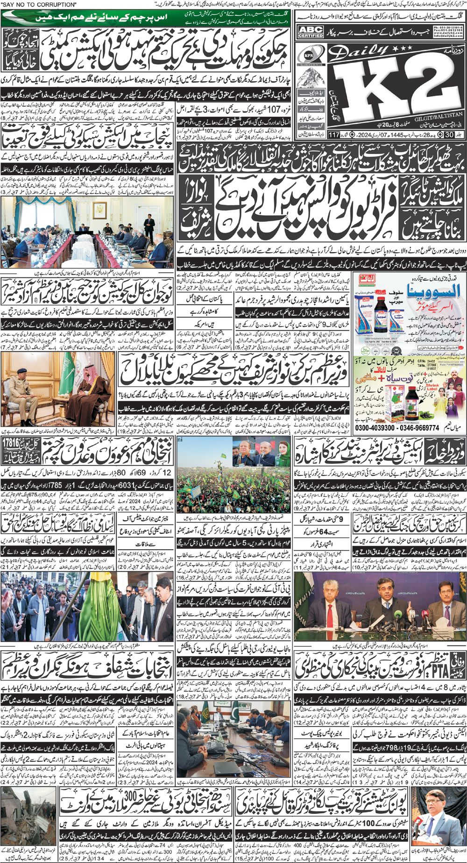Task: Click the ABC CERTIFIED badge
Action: (x=311, y=32)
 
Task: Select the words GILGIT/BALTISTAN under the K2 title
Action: (x=437, y=114)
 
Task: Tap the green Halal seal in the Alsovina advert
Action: (x=365, y=281)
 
